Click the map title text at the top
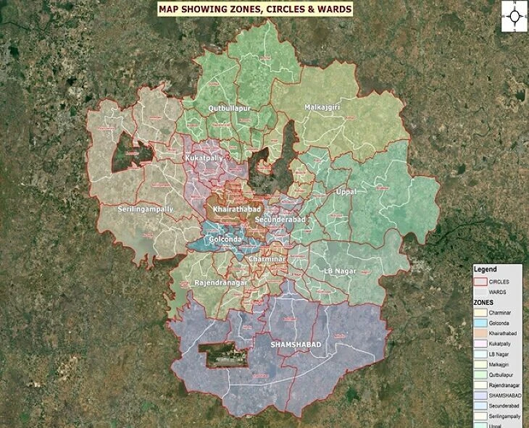click(x=255, y=9)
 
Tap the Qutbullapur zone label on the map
click(x=229, y=108)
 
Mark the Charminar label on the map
click(x=267, y=259)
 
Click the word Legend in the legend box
click(x=485, y=269)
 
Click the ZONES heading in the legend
click(x=484, y=301)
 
